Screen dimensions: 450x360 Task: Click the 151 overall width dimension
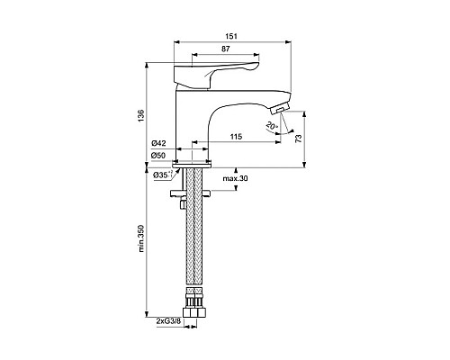pyautogui.click(x=231, y=36)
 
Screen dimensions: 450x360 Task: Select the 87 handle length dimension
pyautogui.click(x=226, y=49)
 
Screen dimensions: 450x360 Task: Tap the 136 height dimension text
pyautogui.click(x=141, y=118)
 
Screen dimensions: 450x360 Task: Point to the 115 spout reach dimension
pyautogui.click(x=236, y=137)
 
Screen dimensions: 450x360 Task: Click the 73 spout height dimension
pyautogui.click(x=299, y=139)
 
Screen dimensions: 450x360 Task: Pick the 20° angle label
pyautogui.click(x=272, y=126)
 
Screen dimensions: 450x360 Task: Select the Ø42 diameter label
pyautogui.click(x=158, y=143)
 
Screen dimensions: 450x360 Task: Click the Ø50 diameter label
pyautogui.click(x=158, y=156)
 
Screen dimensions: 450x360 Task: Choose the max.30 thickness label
pyautogui.click(x=235, y=178)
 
